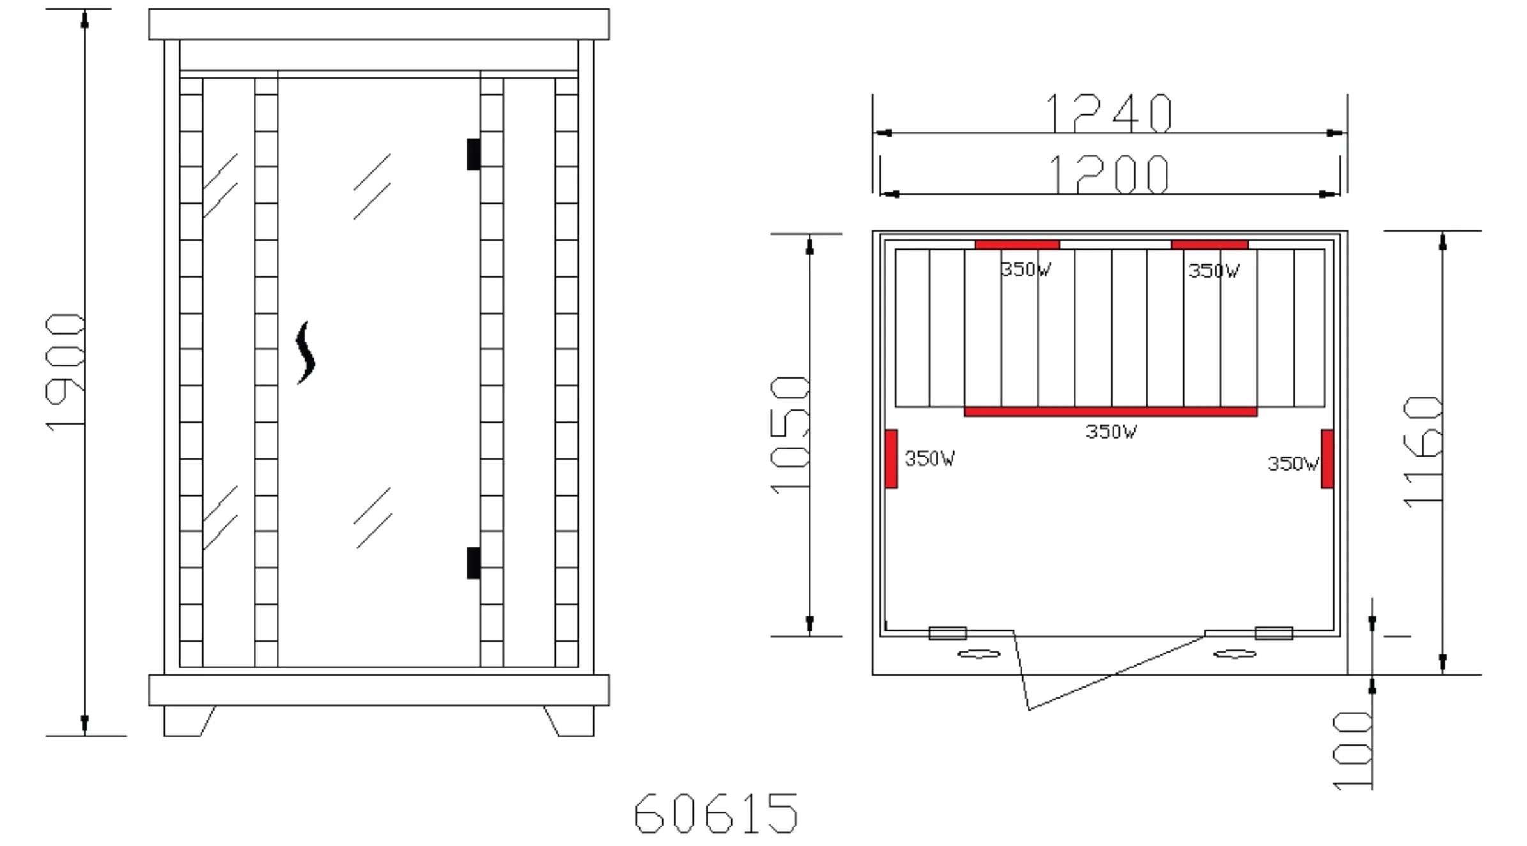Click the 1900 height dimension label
point(65,372)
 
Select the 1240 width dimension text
point(1109,113)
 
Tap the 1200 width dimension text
point(1109,174)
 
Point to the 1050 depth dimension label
point(790,435)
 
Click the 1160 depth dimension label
point(1423,452)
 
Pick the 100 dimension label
point(1353,751)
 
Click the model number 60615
point(716,813)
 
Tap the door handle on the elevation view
point(305,352)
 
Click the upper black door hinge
point(473,155)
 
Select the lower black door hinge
point(473,563)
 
